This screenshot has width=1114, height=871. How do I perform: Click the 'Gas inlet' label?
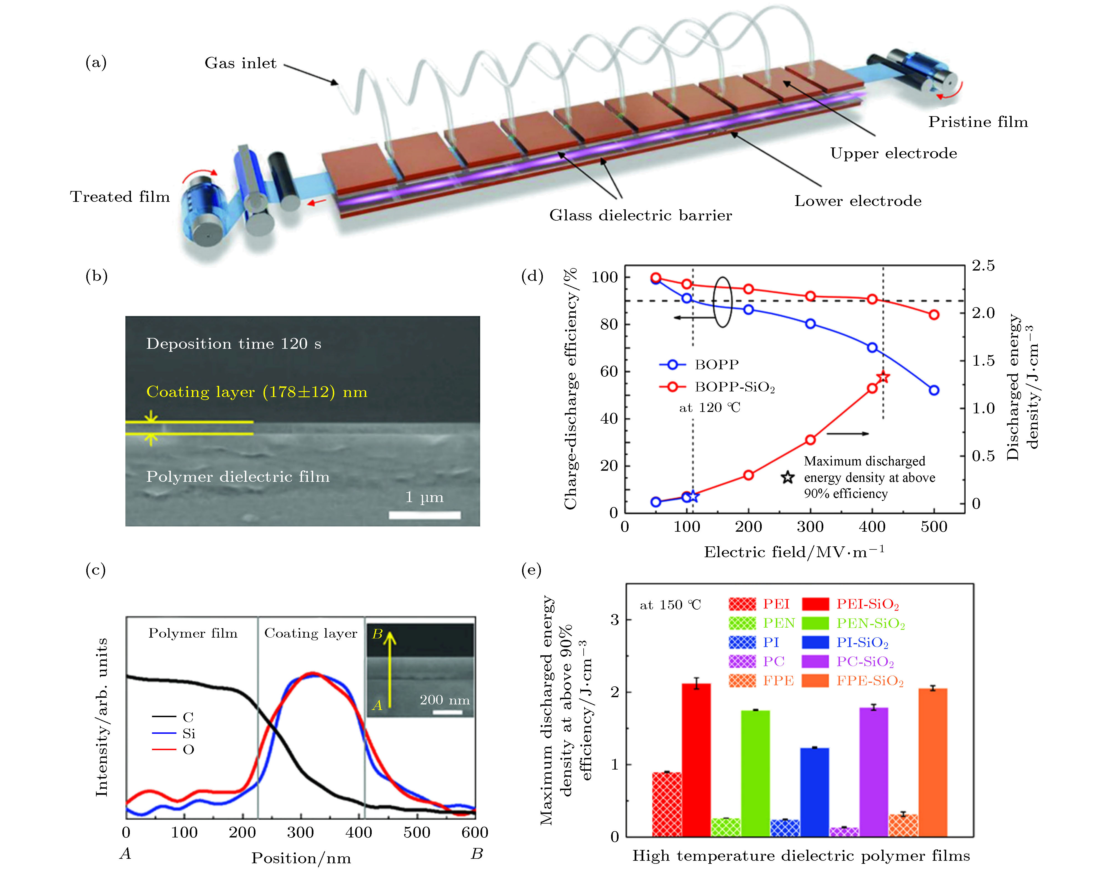point(240,63)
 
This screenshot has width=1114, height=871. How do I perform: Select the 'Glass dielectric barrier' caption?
point(640,215)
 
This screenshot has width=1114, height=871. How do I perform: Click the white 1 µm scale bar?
point(425,515)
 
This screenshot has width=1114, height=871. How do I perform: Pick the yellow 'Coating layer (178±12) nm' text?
point(257,392)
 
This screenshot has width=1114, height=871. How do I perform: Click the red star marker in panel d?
point(883,377)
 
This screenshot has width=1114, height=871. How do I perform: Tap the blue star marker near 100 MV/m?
point(692,496)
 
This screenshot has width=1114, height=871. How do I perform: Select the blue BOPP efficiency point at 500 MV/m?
point(934,390)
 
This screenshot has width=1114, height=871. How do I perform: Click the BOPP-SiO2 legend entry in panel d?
point(717,387)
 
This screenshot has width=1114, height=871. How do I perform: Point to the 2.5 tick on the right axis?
point(983,265)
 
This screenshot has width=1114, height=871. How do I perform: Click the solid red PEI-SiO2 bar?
point(696,760)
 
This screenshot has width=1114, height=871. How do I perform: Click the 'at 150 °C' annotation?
point(670,605)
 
